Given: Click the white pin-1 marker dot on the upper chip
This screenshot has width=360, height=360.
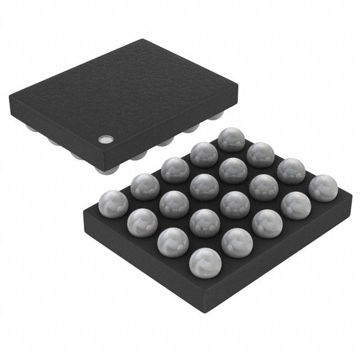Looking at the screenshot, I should point(105,138).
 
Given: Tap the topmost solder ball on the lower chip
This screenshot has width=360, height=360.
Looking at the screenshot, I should point(229,138).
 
